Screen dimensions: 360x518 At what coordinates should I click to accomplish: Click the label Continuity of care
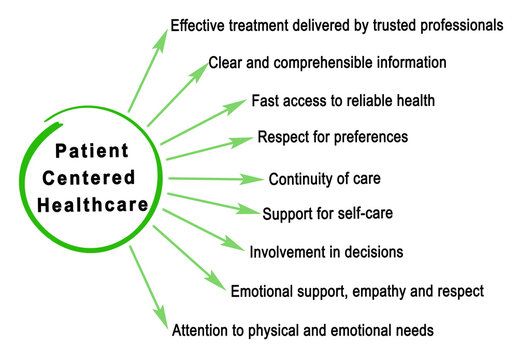pyautogui.click(x=324, y=180)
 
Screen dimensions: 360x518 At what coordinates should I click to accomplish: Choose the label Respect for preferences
pyautogui.click(x=332, y=137)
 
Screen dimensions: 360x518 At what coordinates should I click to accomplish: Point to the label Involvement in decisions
pyautogui.click(x=326, y=252)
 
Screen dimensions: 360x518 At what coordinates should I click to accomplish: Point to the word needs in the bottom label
pyautogui.click(x=415, y=329)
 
